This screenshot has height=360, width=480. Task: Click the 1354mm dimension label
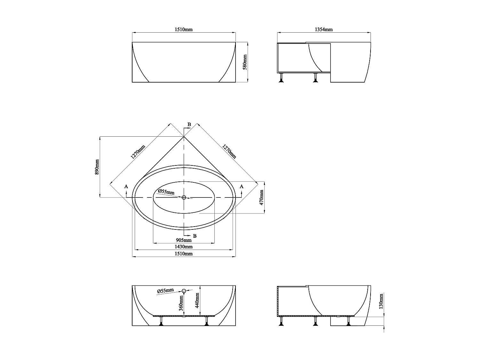(324, 29)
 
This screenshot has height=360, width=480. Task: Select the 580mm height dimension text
(245, 62)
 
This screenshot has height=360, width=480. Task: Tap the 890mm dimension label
(97, 167)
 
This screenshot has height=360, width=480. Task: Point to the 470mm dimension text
(261, 197)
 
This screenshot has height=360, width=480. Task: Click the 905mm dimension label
(184, 240)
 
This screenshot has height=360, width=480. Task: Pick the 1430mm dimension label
(184, 247)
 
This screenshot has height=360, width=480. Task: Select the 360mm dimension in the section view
(181, 303)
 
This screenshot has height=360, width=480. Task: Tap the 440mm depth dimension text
(197, 300)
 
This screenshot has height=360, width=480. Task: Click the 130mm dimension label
(381, 301)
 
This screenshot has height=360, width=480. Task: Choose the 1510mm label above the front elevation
(184, 29)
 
